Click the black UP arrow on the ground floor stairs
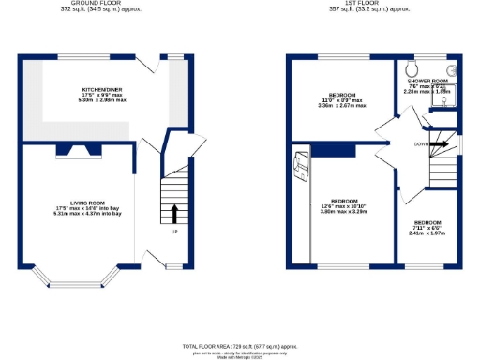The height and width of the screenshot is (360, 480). (173, 213)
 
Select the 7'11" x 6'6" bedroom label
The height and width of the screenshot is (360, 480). (427, 225)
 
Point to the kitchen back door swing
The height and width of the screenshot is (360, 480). (151, 66)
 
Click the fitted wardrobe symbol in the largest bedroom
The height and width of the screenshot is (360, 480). (301, 167)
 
